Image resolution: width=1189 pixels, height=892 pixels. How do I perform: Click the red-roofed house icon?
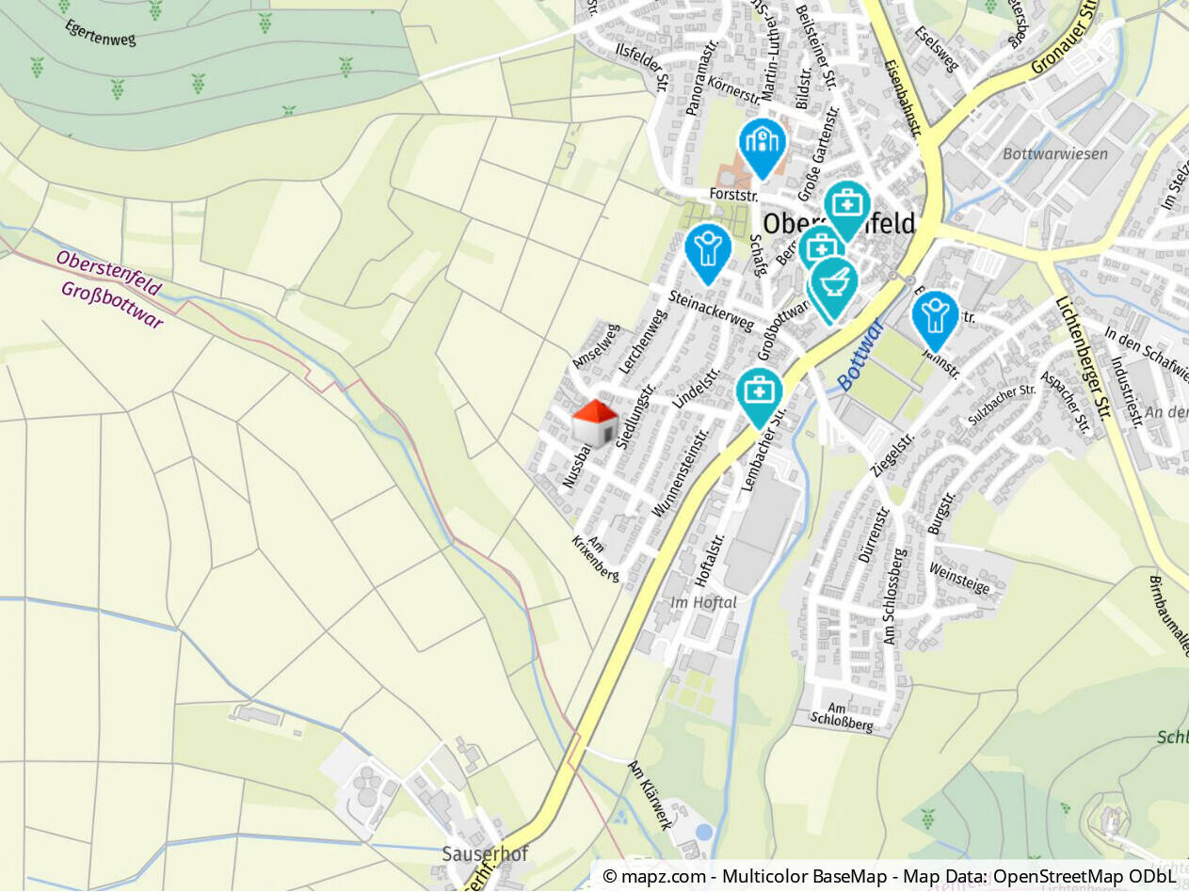pos(595,422)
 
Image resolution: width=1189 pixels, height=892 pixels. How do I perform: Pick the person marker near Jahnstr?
pos(935,317)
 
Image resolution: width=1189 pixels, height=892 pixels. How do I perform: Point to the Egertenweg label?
pos(102,33)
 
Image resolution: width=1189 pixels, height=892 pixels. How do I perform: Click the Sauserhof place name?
pos(485,854)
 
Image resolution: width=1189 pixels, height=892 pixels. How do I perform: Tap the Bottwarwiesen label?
pos(1055,153)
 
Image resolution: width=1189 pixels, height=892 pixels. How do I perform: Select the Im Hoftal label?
pos(703,602)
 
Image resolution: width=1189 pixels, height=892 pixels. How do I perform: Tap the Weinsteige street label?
pos(959,578)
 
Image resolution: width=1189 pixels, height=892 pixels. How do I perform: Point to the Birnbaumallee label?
pos(1168,615)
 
